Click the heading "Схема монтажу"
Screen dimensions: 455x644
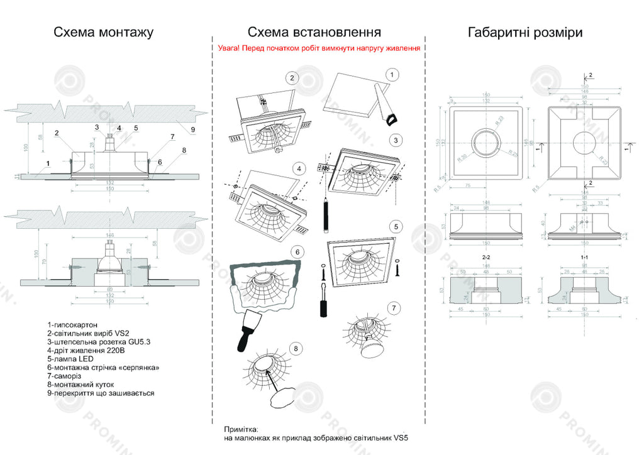click(103, 32)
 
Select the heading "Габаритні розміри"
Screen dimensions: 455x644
click(525, 32)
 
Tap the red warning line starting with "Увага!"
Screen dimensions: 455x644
click(319, 48)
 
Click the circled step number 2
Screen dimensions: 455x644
click(292, 78)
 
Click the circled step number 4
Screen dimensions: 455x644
click(299, 168)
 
